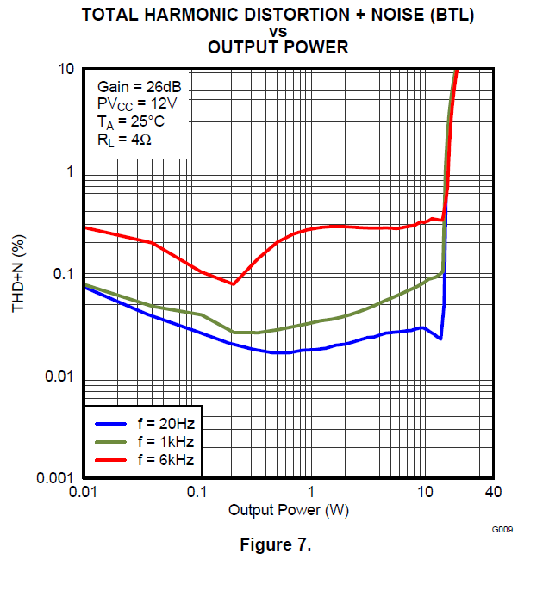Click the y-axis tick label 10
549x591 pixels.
click(67, 69)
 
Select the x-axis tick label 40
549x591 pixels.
click(493, 491)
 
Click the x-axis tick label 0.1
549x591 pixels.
click(197, 491)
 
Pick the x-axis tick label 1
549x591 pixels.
click(311, 491)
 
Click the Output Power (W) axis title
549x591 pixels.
click(289, 510)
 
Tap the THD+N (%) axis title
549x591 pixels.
click(19, 274)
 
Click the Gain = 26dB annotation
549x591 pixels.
click(138, 87)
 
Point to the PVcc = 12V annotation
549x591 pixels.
click(138, 104)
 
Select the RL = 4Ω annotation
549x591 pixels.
click(125, 139)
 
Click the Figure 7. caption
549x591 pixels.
click(275, 546)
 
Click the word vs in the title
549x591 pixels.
click(278, 32)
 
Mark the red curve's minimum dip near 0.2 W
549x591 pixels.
click(233, 283)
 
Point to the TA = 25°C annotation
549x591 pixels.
click(132, 121)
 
